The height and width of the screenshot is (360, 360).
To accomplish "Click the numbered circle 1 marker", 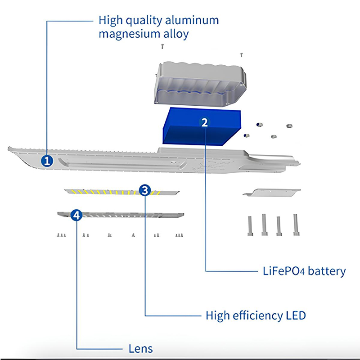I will coord(46,161).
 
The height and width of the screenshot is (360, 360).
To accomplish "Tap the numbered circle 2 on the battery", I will coord(205,122).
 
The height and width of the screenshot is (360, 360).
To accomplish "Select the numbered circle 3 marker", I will coord(144,190).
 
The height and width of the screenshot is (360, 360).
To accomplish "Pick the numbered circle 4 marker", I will coord(77,215).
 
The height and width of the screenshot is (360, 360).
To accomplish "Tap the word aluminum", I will coord(192,20).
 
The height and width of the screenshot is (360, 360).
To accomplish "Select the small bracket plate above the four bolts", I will coord(272,192).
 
